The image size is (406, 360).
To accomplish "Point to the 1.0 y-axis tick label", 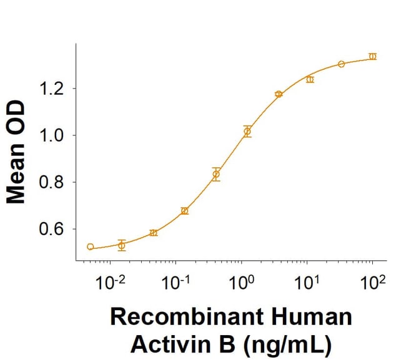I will [x=52, y=135].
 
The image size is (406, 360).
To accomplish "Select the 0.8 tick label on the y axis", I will [x=52, y=183].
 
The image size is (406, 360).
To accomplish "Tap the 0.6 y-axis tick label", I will [x=52, y=230].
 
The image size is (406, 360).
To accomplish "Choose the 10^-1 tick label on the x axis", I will [x=176, y=282].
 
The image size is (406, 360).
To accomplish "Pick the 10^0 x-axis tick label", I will [x=241, y=282].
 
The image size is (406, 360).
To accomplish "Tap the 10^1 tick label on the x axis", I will [x=306, y=282].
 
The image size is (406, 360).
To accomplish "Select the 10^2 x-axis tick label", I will [x=372, y=282].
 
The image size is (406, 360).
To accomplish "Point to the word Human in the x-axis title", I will [x=316, y=317].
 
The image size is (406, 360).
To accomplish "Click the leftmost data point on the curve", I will [x=91, y=247].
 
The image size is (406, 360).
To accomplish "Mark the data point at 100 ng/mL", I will [x=373, y=56].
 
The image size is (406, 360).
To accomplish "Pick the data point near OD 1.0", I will [x=247, y=131].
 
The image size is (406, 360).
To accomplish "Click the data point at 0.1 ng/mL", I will [x=184, y=211].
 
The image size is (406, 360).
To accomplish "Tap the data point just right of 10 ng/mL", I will [x=310, y=79].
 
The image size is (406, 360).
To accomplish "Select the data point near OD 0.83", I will [x=216, y=174].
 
